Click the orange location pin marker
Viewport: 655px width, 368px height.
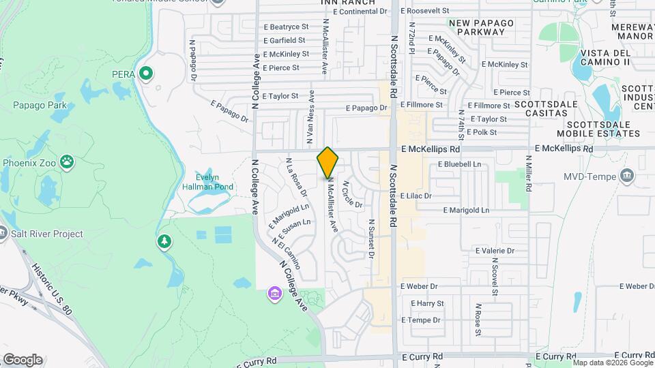point(327,162)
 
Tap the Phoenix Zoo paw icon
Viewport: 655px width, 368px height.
point(67,162)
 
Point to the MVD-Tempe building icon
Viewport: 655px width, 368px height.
point(628,177)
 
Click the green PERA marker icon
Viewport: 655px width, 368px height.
point(145,73)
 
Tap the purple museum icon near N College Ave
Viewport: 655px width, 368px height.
point(274,294)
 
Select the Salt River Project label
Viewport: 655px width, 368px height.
point(46,234)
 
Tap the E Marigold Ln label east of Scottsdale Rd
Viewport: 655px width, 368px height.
point(466,211)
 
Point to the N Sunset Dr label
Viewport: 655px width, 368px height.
point(372,239)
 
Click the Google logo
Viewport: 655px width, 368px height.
point(23,360)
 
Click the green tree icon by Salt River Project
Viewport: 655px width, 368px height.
point(164,242)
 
